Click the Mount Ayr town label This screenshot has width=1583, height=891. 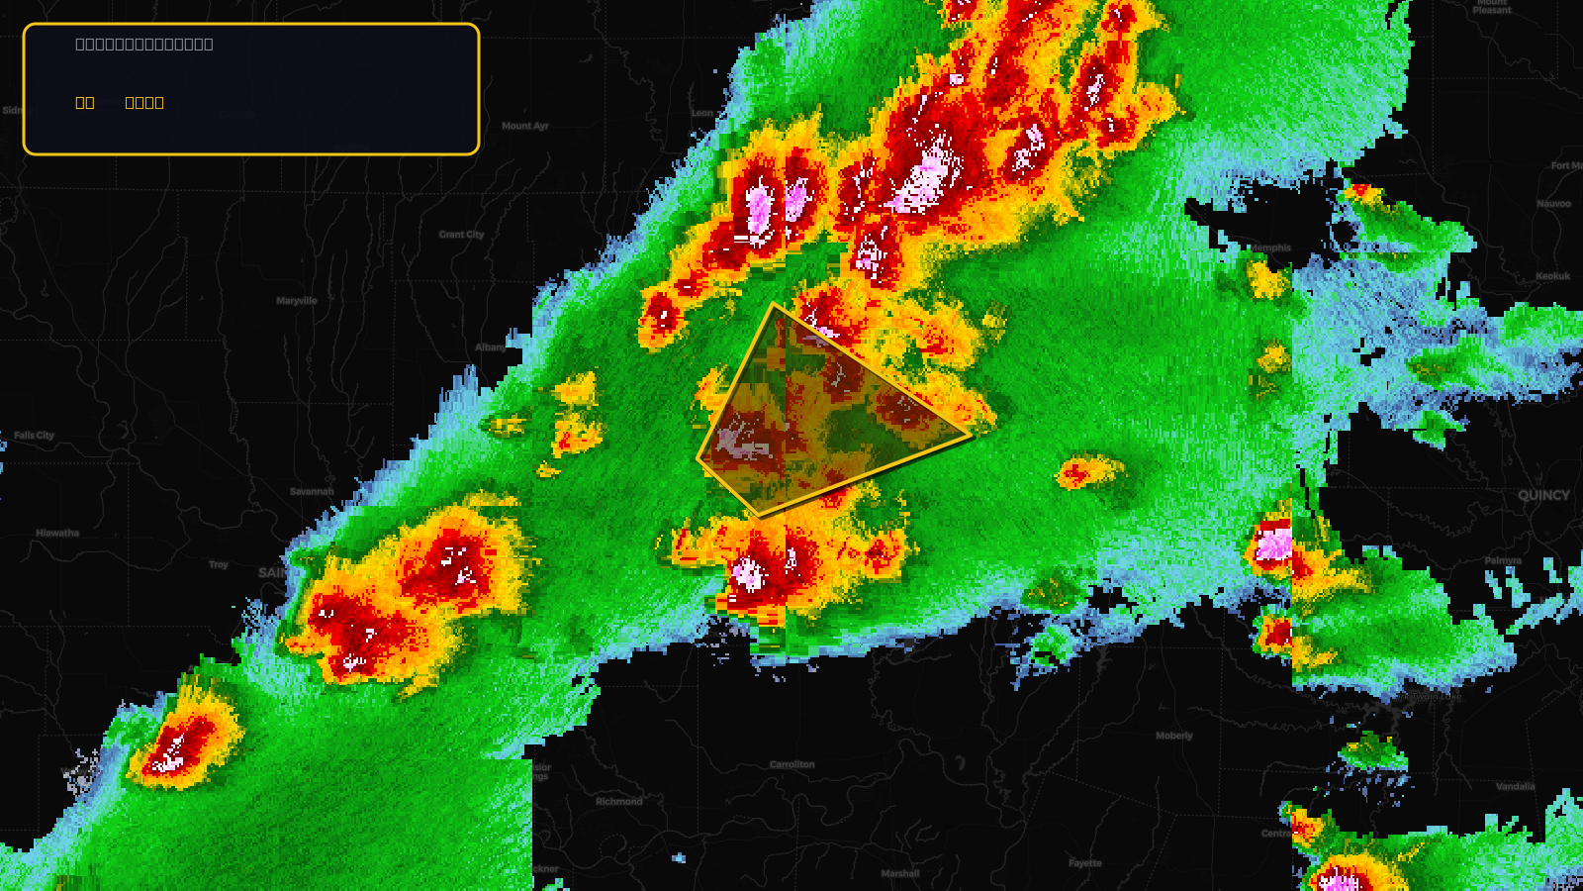point(524,126)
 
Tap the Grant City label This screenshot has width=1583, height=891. point(461,235)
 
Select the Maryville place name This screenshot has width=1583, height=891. point(297,301)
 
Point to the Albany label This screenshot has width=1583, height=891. point(490,347)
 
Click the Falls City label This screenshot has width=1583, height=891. point(34,436)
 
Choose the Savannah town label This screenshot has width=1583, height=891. point(312,492)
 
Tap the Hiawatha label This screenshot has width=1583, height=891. point(57,533)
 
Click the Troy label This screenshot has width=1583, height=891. point(219,564)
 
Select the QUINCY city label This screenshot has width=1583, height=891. point(1543,495)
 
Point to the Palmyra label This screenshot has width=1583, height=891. point(1503,560)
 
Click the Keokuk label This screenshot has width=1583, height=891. point(1552,276)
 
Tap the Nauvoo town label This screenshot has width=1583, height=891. point(1553,204)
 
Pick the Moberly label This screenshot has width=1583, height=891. point(1174,736)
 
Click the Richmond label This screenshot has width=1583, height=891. point(619,802)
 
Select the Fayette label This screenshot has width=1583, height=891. point(1085,863)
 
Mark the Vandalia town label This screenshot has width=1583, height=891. point(1515,787)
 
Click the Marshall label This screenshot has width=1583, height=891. point(900,873)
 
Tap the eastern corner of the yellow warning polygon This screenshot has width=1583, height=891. point(971,434)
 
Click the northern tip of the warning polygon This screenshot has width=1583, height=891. point(774,305)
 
